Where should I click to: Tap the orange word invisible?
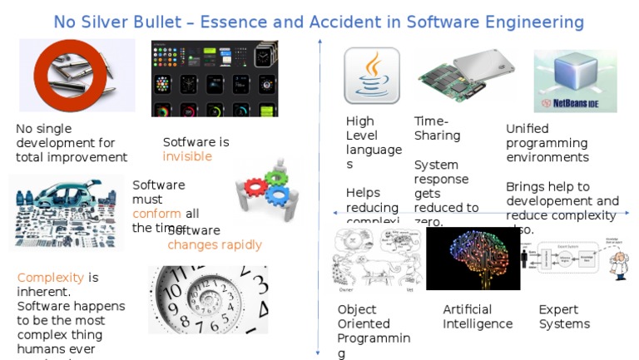point(187,156)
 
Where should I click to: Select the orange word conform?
point(156,213)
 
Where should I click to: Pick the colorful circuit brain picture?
point(473,257)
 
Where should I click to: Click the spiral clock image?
point(207,298)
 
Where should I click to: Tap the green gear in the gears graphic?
point(275,178)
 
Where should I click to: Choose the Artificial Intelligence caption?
point(478,317)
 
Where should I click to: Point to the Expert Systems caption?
point(564,317)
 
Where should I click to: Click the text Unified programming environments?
point(547,142)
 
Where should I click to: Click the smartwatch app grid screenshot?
point(214,78)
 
